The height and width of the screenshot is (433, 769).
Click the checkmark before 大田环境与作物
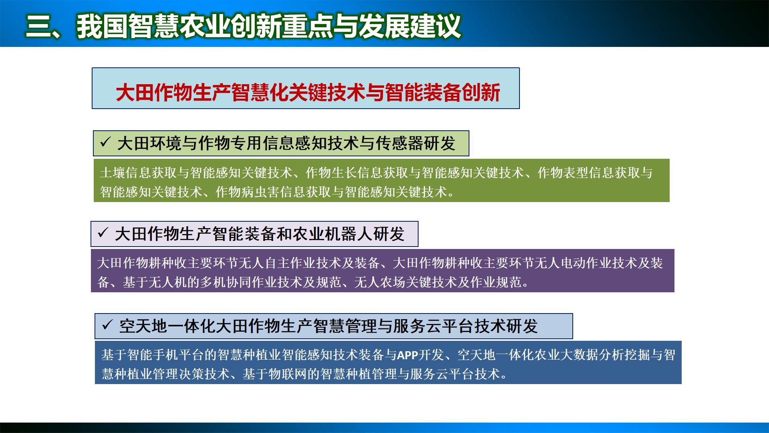click(x=105, y=142)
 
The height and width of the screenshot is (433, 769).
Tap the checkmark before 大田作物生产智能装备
click(x=103, y=233)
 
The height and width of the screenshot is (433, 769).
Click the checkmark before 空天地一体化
click(x=107, y=325)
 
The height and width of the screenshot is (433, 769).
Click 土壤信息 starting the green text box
click(x=125, y=173)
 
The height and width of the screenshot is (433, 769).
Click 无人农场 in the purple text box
click(x=380, y=283)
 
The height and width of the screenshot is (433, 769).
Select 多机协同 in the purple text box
click(x=226, y=283)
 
